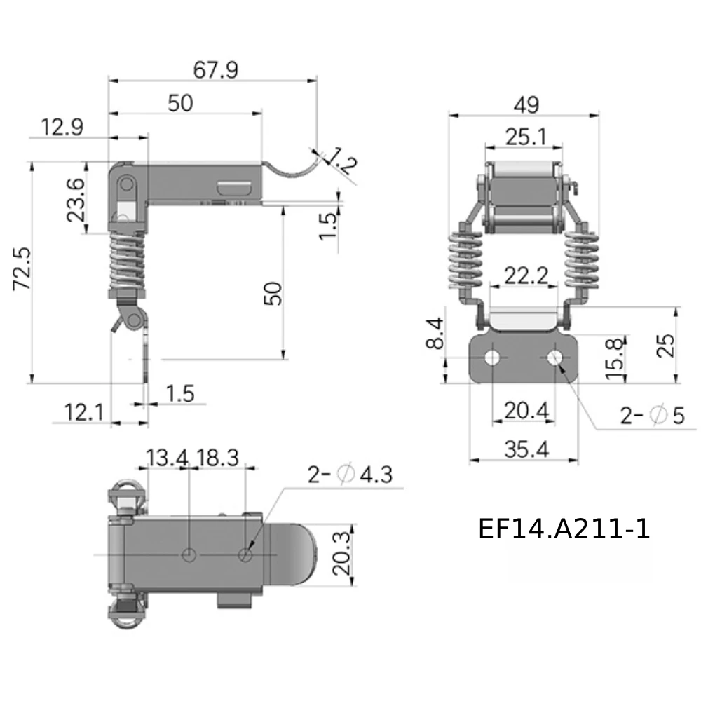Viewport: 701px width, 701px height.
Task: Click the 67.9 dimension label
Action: click(215, 70)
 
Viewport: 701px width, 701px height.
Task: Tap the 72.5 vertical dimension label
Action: click(22, 268)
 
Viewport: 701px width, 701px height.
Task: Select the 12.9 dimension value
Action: click(62, 128)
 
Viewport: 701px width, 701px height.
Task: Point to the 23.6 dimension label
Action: click(76, 200)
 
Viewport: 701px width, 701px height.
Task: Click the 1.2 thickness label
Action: click(343, 161)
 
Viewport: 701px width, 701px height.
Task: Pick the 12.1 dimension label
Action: click(83, 412)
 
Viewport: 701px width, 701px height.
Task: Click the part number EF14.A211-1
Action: click(564, 529)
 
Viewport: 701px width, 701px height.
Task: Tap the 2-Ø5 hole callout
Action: click(652, 415)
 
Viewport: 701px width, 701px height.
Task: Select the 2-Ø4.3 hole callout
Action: click(350, 475)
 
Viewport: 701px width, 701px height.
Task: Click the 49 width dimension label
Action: click(526, 106)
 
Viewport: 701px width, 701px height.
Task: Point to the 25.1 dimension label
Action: click(526, 137)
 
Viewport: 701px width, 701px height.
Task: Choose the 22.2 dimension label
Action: click(526, 275)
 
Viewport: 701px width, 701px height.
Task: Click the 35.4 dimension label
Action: click(526, 450)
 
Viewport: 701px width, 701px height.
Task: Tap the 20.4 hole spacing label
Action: click(526, 411)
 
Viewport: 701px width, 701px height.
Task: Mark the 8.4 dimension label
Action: click(435, 333)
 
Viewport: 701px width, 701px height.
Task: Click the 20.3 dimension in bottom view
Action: click(341, 553)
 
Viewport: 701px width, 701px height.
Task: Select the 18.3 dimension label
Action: click(218, 458)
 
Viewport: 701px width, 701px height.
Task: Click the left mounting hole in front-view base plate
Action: click(492, 358)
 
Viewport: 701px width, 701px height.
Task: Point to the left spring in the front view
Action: click(465, 259)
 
